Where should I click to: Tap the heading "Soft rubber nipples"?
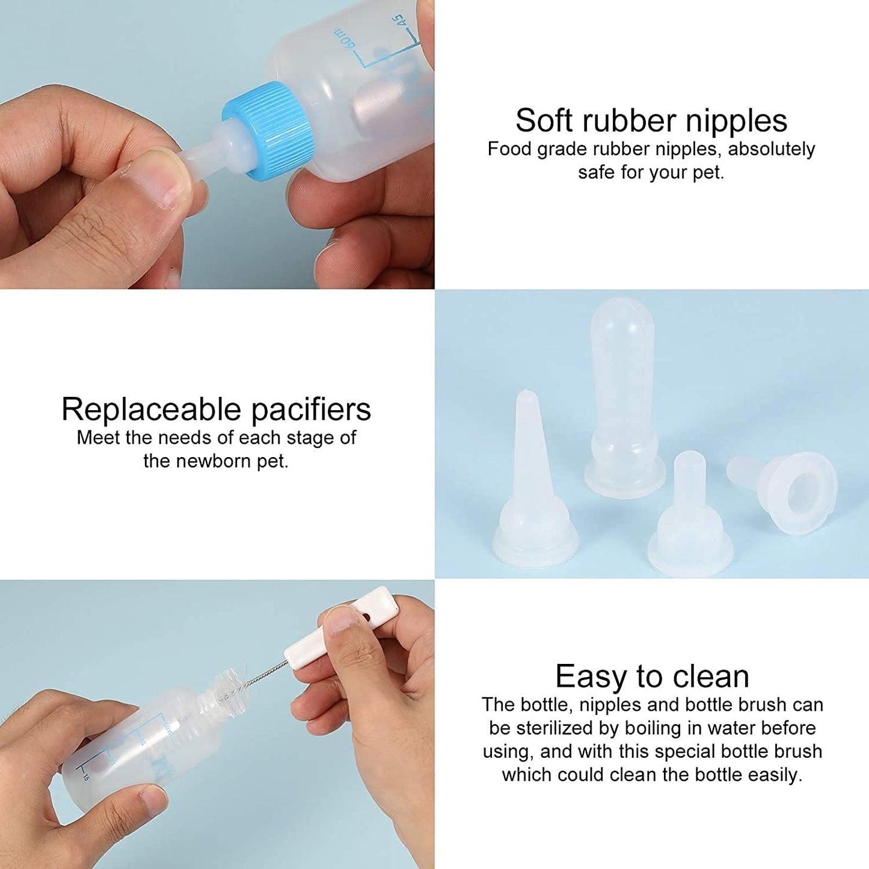pos(651,120)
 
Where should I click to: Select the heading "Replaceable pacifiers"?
pos(216,410)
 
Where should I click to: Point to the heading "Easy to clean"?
pos(652,676)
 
